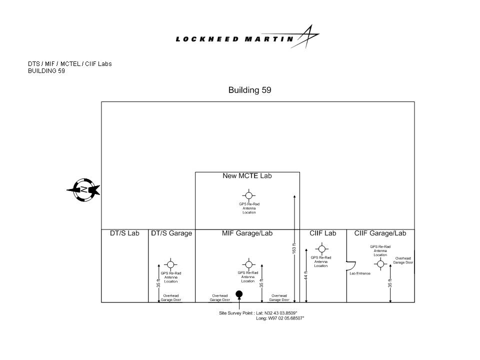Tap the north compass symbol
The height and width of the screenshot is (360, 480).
click(x=83, y=190)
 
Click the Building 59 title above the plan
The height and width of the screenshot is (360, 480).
click(x=250, y=90)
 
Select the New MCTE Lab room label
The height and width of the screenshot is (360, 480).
click(x=247, y=175)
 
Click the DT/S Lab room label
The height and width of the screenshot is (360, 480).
click(x=124, y=233)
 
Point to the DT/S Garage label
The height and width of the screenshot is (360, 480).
click(x=171, y=233)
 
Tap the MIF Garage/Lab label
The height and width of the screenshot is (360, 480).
click(x=247, y=233)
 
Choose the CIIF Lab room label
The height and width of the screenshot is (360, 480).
click(x=322, y=233)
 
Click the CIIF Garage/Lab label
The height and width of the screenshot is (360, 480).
click(x=380, y=233)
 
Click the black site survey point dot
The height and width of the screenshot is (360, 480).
click(x=239, y=294)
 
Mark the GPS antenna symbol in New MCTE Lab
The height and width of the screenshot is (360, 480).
click(x=249, y=195)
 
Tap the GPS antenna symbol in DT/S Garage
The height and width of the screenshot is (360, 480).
click(x=171, y=264)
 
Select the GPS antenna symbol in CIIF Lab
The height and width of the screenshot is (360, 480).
click(x=321, y=249)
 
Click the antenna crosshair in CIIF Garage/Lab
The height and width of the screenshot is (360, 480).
click(x=380, y=264)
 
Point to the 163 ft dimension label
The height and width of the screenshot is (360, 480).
click(x=294, y=248)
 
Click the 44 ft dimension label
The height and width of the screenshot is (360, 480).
click(x=306, y=275)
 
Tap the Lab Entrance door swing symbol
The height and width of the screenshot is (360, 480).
click(x=351, y=266)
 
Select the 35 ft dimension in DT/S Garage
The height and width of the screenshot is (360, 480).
click(x=158, y=283)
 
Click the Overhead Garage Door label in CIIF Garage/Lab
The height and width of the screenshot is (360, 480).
click(x=403, y=260)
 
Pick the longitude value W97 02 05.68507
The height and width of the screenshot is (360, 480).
click(x=286, y=318)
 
